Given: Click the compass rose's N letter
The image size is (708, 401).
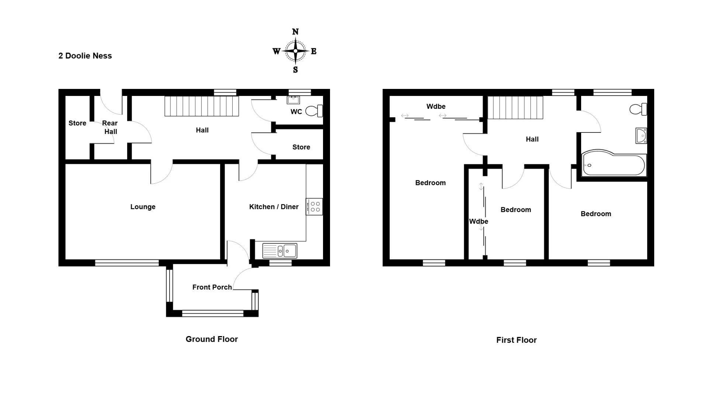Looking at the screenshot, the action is pos(295,32).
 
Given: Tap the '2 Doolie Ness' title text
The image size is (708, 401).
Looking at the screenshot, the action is pos(85,56).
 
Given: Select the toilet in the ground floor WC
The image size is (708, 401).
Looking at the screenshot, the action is pos(314,111).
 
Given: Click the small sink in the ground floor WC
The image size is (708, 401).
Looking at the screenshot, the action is pos(293,100).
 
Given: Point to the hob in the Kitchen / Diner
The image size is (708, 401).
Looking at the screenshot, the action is pos(314,207).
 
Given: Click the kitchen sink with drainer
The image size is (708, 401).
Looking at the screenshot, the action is pos(280,251).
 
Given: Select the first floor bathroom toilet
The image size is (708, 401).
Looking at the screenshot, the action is pos(638,109).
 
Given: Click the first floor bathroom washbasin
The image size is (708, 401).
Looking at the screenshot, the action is pos(641,135).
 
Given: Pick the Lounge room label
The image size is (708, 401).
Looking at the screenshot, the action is pos(143,207).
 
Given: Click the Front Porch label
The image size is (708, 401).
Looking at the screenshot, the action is pos(212,287).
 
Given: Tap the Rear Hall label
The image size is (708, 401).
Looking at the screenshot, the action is pos(110,127).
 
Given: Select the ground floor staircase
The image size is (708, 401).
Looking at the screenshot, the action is pos(201,106).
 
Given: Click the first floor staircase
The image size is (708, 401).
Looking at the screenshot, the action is pos(516,108).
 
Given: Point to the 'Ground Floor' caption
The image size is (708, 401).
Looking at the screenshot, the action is pos(212,339).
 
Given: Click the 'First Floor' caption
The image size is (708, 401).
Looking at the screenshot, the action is pos(516,340).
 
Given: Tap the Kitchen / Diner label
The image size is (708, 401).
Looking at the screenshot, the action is pos(274,207).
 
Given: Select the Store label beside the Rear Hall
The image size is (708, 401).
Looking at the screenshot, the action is pos(77,123).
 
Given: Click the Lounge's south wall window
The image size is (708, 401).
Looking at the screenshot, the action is pos(127,263).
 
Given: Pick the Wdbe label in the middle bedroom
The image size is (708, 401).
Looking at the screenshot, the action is pos(479,221).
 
